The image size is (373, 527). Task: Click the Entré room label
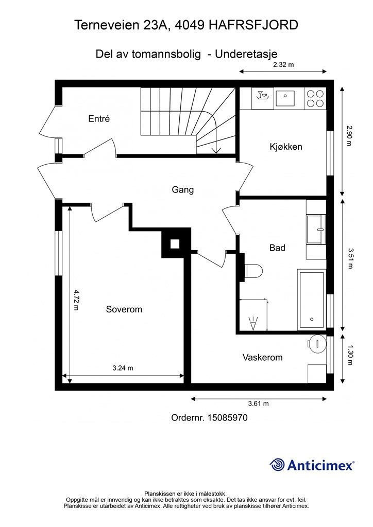pyautogui.click(x=99, y=119)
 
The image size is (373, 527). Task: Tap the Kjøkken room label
pyautogui.click(x=286, y=147)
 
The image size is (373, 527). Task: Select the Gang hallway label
pyautogui.click(x=182, y=190)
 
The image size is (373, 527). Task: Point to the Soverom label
pyautogui.click(x=124, y=309)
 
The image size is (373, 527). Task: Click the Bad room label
pyautogui.click(x=277, y=248)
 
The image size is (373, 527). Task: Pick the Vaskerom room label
pyautogui.click(x=262, y=357)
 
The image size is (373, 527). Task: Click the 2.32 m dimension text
pyautogui.click(x=283, y=64)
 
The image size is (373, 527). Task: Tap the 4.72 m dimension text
pyautogui.click(x=76, y=300)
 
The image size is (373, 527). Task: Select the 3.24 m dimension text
pyautogui.click(x=123, y=368)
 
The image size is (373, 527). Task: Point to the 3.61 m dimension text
pyautogui.click(x=258, y=403)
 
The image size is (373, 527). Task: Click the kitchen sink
pyautogui.click(x=285, y=98)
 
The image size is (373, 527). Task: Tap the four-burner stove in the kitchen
pyautogui.click(x=315, y=98)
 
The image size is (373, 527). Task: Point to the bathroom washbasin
pyautogui.click(x=316, y=229)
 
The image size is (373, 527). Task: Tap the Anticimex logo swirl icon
pyautogui.click(x=277, y=465)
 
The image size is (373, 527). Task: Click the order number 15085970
pyautogui.click(x=228, y=418)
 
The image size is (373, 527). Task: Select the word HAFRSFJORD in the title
pyautogui.click(x=253, y=25)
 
